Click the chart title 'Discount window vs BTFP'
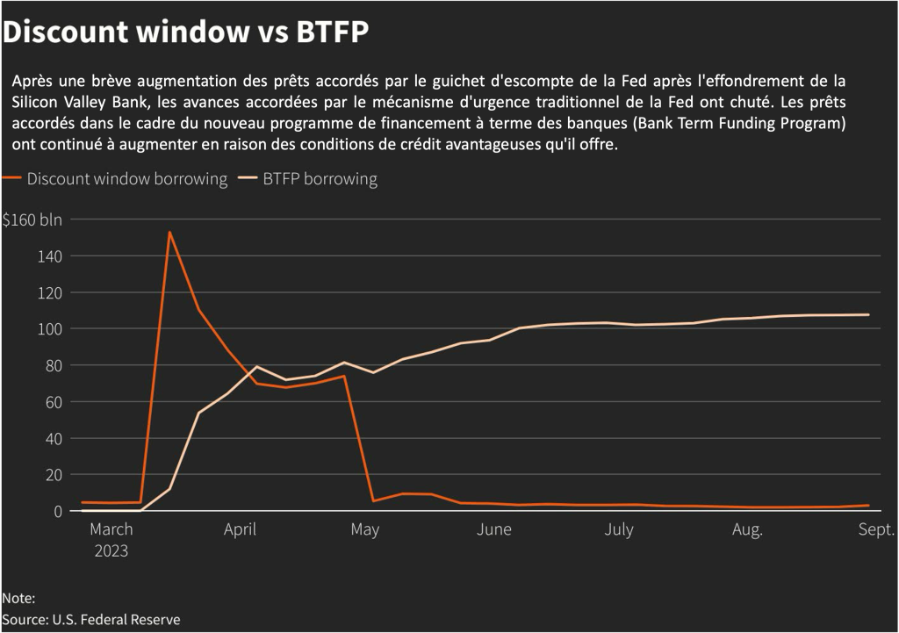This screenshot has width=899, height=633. tap(185, 32)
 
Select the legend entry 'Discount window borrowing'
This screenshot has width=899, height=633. tap(126, 179)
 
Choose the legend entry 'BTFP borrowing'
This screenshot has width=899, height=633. tap(320, 179)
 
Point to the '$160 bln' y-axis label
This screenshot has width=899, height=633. tap(32, 219)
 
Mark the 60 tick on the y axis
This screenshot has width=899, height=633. tap(53, 402)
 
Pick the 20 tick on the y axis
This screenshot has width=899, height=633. tap(53, 475)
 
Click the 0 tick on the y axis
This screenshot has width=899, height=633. tap(57, 511)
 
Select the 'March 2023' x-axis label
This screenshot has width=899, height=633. tap(111, 540)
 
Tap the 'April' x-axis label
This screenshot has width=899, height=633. tap(240, 529)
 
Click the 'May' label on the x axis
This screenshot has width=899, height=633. tap(364, 529)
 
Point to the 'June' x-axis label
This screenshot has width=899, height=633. tap(494, 529)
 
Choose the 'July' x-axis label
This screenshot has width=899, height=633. tap(619, 529)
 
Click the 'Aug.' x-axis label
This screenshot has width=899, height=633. tap(747, 529)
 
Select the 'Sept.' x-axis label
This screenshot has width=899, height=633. tap(875, 529)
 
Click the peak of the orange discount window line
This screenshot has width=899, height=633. tap(169, 233)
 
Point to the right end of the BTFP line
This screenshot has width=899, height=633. tap(868, 314)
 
